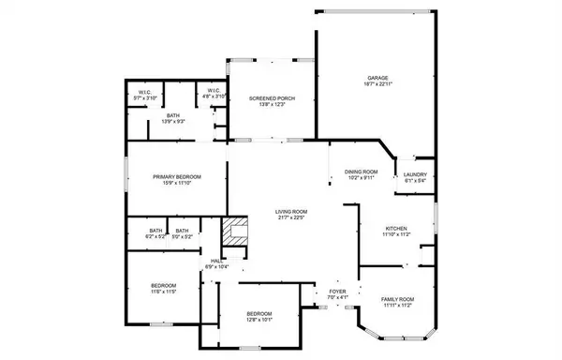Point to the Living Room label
tap(291, 212)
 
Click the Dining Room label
tap(362, 172)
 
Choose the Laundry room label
tap(415, 174)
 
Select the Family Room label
tap(397, 299)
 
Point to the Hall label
tap(214, 261)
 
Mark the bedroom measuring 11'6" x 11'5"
tap(165, 286)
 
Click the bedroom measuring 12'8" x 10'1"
tap(259, 313)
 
